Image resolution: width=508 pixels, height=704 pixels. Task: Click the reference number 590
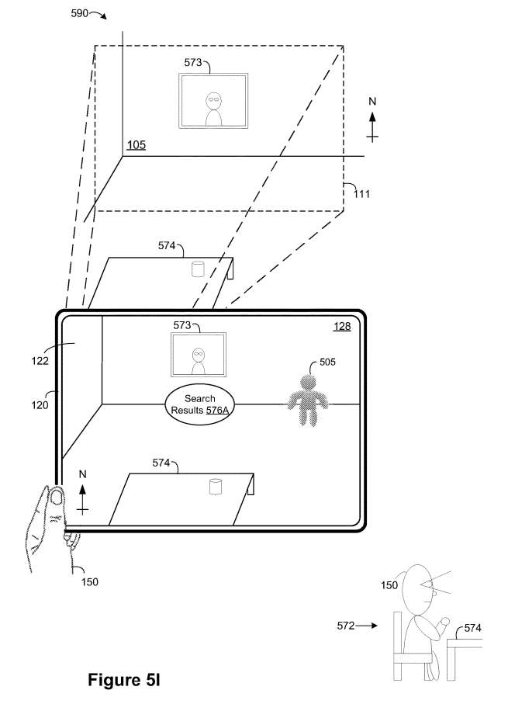[x=79, y=13]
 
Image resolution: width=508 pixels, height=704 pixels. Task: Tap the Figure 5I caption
[x=123, y=680]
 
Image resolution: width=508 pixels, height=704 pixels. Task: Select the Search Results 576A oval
[x=199, y=404]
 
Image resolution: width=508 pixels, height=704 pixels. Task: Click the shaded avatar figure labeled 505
[x=308, y=401]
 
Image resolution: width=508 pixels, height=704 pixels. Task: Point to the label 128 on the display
[x=342, y=327]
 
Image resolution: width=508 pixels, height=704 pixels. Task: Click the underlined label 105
[x=136, y=145]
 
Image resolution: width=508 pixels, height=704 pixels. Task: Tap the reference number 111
[x=361, y=194]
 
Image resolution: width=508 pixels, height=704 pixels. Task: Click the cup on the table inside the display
[x=216, y=487]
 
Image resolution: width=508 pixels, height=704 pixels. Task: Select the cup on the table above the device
[x=198, y=269]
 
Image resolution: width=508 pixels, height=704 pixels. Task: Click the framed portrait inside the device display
[x=199, y=355]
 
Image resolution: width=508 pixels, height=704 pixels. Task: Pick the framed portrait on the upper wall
[x=213, y=101]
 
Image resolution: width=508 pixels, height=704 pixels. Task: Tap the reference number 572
[x=346, y=626]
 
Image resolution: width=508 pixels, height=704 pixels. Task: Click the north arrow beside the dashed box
[x=372, y=120]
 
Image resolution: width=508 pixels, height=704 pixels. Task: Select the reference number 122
[x=40, y=360]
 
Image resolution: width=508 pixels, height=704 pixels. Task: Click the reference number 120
[x=40, y=405]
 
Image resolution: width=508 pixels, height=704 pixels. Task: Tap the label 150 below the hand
[x=89, y=582]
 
